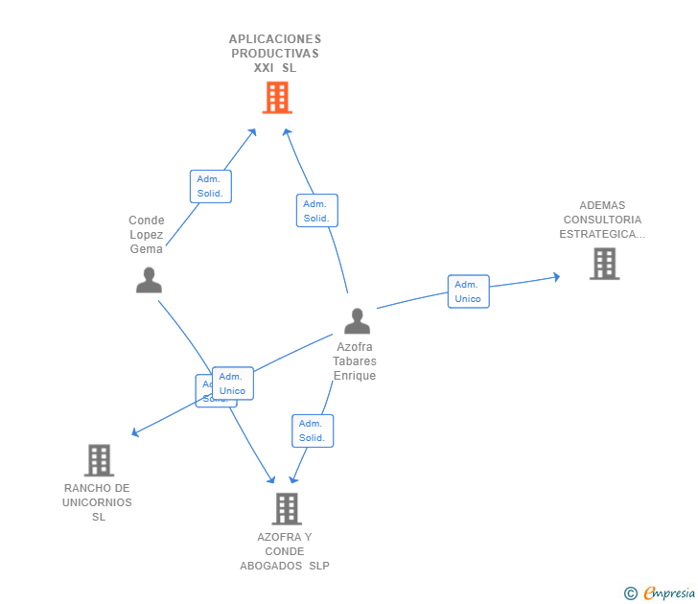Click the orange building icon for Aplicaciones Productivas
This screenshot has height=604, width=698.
276,97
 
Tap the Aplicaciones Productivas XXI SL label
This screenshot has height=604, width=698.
274,54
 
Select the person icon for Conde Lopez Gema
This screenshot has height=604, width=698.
149,280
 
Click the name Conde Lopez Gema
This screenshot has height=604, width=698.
147,235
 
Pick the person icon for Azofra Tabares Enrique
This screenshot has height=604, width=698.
357,321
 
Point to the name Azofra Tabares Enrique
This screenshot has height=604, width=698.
355,361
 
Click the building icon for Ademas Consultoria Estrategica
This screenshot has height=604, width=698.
604,264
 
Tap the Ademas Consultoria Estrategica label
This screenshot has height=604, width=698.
602,220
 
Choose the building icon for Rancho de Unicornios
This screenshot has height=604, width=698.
99,460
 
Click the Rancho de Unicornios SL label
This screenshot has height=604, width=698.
98,502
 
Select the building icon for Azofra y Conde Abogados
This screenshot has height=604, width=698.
286,508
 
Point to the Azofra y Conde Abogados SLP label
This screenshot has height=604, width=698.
285,551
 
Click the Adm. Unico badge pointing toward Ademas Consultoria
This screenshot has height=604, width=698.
468,291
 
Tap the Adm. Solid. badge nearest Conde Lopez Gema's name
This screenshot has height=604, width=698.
210,186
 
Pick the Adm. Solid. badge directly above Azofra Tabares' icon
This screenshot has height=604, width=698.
316,211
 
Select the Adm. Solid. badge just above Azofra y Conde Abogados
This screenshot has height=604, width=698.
312,430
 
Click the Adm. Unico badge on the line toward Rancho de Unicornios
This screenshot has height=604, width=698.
232,383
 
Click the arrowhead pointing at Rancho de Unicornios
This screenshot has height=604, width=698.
134,434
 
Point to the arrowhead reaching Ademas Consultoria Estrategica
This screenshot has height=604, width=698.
556,277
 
